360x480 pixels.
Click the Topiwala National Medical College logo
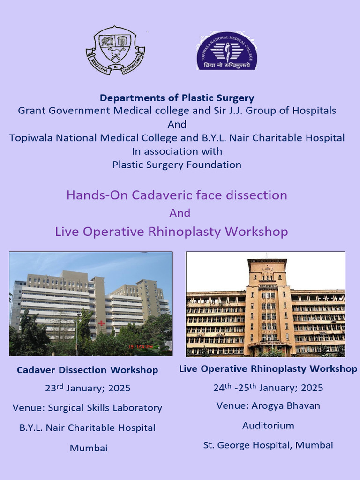pos(227,51)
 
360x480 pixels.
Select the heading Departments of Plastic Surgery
pos(177,98)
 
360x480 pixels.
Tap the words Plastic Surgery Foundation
pos(177,165)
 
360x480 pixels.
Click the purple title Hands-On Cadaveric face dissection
pos(177,195)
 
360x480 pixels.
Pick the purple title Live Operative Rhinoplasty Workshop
pos(172,232)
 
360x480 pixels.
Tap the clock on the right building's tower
pos(267,269)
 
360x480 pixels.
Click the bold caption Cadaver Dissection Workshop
pos(87,370)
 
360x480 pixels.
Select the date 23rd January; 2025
pos(88,388)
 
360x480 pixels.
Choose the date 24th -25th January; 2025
pos(268,388)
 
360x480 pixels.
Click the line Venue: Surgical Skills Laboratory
pos(87,408)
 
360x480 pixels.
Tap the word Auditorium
pos(268,426)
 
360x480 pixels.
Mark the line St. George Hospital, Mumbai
pos(268,445)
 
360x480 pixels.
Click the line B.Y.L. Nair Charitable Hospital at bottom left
pos(87,427)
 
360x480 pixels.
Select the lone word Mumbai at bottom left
pos(89,448)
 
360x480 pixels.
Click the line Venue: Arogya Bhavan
pos(268,405)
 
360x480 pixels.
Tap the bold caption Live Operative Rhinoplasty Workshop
pos(268,369)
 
